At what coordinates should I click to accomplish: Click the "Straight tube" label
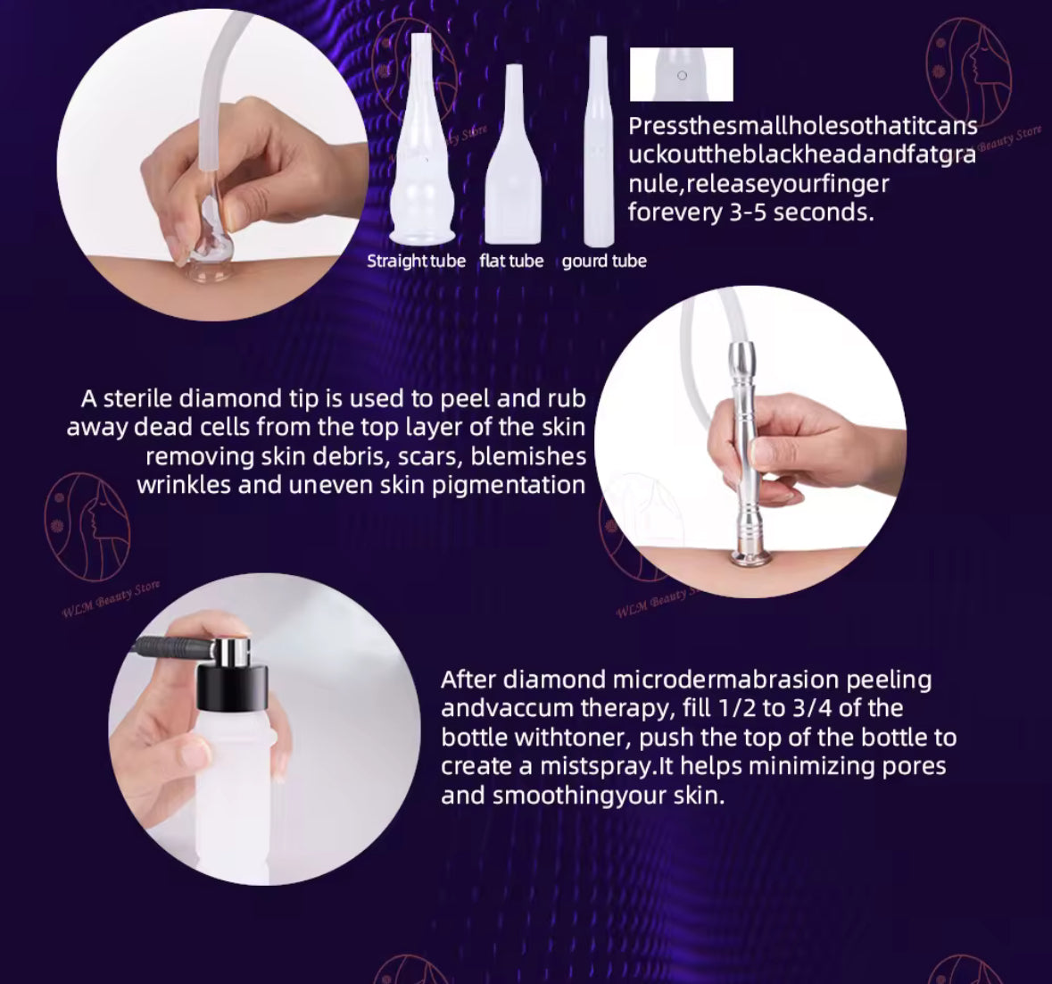[416, 261]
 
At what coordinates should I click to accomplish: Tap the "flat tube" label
[511, 261]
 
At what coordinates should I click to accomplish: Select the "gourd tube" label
[604, 261]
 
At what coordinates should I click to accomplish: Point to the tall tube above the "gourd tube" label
[599, 141]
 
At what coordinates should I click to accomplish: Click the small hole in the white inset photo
[683, 75]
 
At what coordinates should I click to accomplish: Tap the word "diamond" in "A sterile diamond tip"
[229, 399]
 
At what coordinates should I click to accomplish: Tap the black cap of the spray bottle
[232, 688]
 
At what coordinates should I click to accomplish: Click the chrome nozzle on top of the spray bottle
[232, 650]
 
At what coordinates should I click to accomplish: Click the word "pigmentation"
[508, 485]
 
